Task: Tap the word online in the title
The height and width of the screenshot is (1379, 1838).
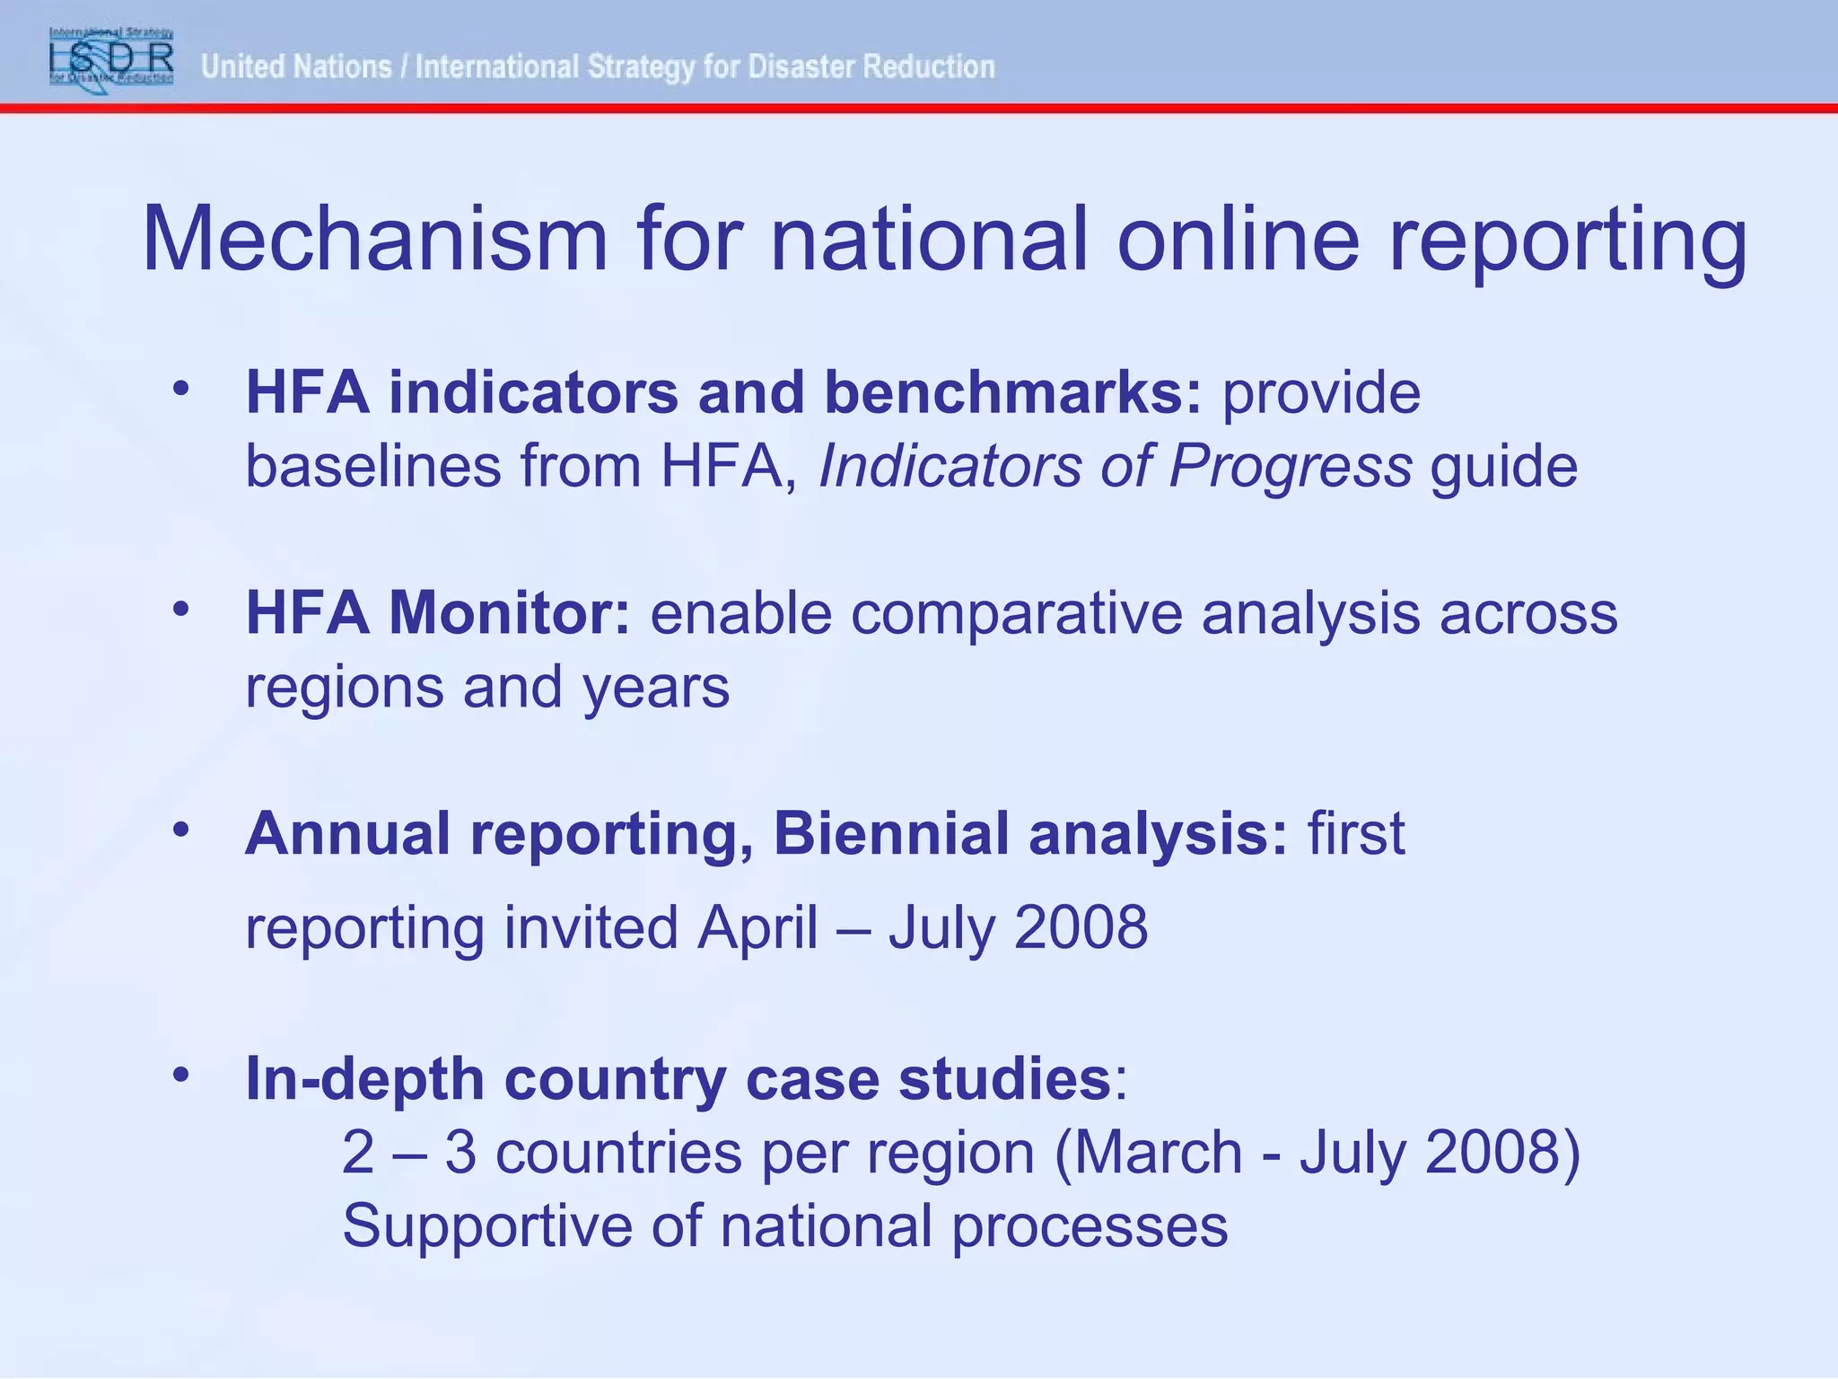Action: [x=1238, y=240]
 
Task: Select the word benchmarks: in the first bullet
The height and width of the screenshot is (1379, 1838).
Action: [x=1012, y=393]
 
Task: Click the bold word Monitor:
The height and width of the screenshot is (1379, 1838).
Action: [x=509, y=613]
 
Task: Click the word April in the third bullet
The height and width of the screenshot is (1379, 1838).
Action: [x=757, y=927]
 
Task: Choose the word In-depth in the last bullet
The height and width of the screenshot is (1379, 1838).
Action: [x=364, y=1078]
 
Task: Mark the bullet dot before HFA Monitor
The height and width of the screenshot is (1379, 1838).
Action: [x=181, y=609]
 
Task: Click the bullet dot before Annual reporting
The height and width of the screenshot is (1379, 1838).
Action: [x=181, y=829]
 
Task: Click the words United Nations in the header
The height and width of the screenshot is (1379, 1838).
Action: [x=296, y=66]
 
